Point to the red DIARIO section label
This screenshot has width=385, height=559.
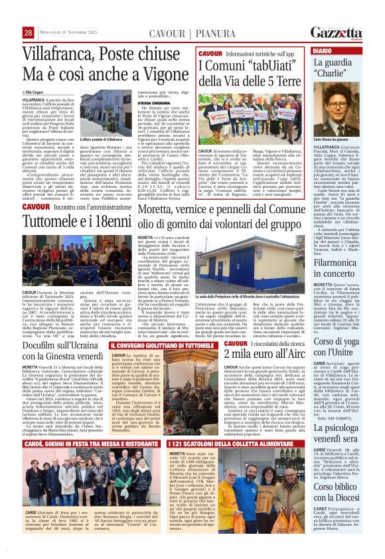pos(323,50)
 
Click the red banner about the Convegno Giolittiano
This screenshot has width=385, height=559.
pos(162,346)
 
